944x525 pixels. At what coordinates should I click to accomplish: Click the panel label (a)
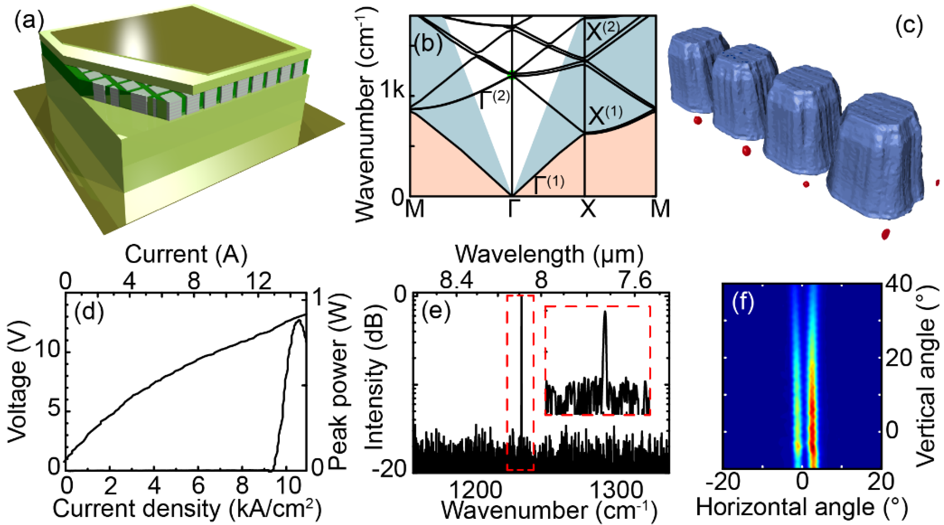(28, 21)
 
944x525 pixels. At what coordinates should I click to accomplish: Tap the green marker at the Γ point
(511, 75)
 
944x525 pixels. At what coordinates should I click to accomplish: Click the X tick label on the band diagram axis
(588, 209)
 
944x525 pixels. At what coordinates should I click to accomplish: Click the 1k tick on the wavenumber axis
(392, 90)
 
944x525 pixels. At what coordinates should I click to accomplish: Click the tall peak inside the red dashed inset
(605, 312)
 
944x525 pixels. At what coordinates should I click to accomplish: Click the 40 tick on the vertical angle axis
(900, 285)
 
